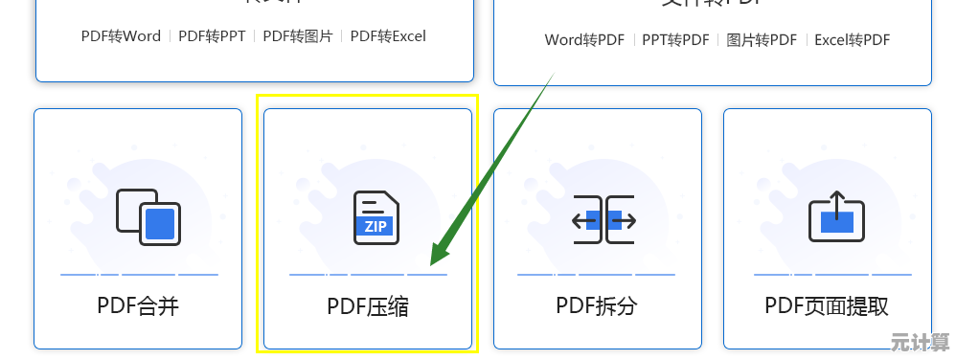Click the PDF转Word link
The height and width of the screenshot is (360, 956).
121,36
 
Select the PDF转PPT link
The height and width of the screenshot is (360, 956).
212,36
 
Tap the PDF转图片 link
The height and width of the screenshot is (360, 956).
298,36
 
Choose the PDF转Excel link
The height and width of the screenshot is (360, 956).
388,36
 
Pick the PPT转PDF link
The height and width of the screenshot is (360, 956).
675,40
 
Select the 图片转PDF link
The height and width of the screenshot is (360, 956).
762,40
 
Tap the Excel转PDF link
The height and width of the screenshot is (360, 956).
852,40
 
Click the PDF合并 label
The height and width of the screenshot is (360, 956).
138,306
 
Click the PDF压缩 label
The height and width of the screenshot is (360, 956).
368,307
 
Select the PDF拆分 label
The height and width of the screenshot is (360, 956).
597,306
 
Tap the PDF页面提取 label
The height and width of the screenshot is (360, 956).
827,306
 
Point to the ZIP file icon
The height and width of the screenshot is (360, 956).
376,216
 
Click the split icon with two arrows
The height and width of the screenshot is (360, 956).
604,220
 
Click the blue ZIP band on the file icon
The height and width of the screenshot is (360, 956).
376,227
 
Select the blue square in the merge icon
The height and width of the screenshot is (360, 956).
160,224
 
